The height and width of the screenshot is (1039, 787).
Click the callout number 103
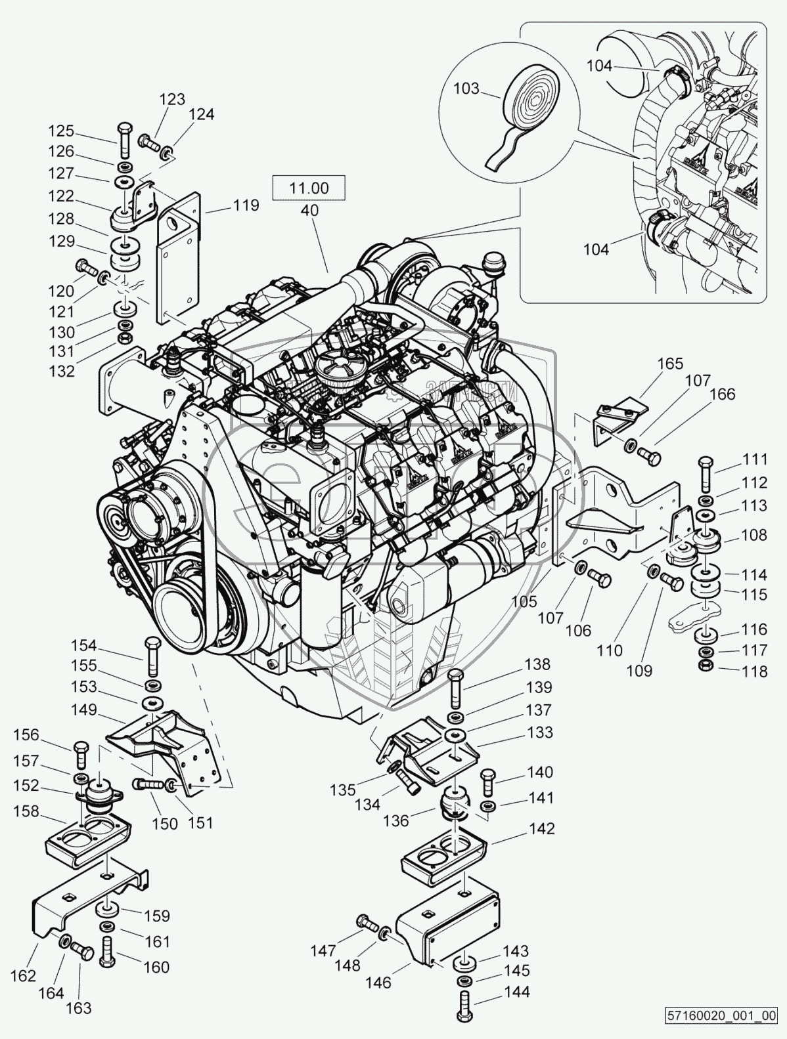pos(466,89)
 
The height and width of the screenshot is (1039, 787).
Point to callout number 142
pos(541,828)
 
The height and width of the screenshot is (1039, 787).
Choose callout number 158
pos(26,811)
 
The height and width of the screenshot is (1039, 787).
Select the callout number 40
pos(309,211)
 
